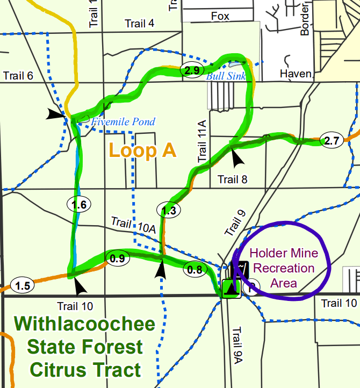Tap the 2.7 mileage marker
point(330,141)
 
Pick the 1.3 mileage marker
point(168,211)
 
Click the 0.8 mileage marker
point(195,270)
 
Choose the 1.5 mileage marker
point(22,286)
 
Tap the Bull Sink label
point(226,76)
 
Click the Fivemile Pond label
point(123,122)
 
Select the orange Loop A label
point(142,151)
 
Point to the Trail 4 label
point(139,23)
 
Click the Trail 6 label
point(18,75)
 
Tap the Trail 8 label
point(232,179)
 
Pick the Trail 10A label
point(133,225)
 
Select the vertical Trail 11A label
point(202,141)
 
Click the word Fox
point(220,17)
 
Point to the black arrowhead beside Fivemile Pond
point(55,114)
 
